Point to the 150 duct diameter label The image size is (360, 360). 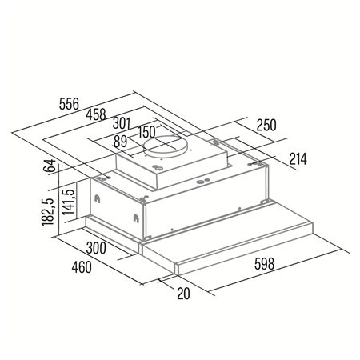click(146, 132)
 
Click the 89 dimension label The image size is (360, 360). click(121, 142)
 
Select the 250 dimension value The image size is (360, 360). click(266, 126)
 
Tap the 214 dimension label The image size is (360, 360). click(298, 158)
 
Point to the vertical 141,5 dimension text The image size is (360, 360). click(70, 204)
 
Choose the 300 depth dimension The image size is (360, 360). click(96, 249)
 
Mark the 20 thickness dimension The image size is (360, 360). click(183, 293)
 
